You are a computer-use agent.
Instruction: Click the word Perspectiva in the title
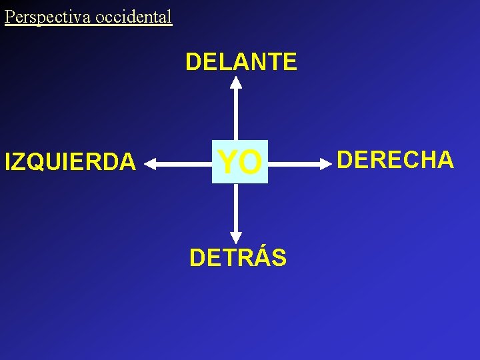coord(48,17)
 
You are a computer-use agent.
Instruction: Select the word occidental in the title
coord(133,17)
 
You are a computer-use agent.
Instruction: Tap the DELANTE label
coord(241,62)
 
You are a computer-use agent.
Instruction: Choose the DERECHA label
coord(395,160)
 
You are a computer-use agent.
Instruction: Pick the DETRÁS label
coord(238,257)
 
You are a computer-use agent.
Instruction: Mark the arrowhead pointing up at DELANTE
coord(236,83)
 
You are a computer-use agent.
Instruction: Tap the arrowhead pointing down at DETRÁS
coord(236,237)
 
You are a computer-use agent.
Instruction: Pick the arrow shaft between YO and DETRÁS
coord(236,207)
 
